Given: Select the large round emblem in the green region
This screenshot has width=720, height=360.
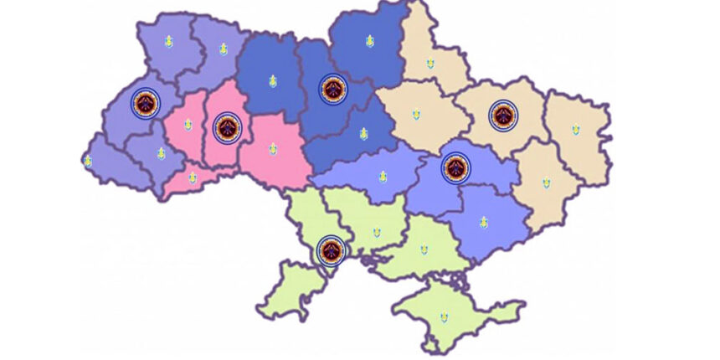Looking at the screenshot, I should click(331, 249).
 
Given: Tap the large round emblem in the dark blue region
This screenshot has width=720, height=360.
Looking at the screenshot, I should click(333, 89).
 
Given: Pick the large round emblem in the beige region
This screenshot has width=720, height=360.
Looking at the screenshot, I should click(502, 115).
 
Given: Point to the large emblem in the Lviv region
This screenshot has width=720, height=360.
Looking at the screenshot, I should click(146, 104).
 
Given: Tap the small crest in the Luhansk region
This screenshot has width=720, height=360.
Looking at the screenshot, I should click(575, 130).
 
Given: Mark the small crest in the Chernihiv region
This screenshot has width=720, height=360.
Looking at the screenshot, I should click(369, 41).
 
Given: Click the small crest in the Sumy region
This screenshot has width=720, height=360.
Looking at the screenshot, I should click(429, 63).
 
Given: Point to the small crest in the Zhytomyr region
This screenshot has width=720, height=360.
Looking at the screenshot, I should click(272, 81).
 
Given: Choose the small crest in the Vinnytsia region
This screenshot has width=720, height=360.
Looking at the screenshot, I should click(272, 149).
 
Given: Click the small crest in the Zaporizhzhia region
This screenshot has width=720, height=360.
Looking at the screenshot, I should click(483, 222).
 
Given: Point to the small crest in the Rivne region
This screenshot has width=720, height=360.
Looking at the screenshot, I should click(223, 49).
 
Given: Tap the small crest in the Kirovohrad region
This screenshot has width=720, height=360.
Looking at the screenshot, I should click(383, 177).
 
